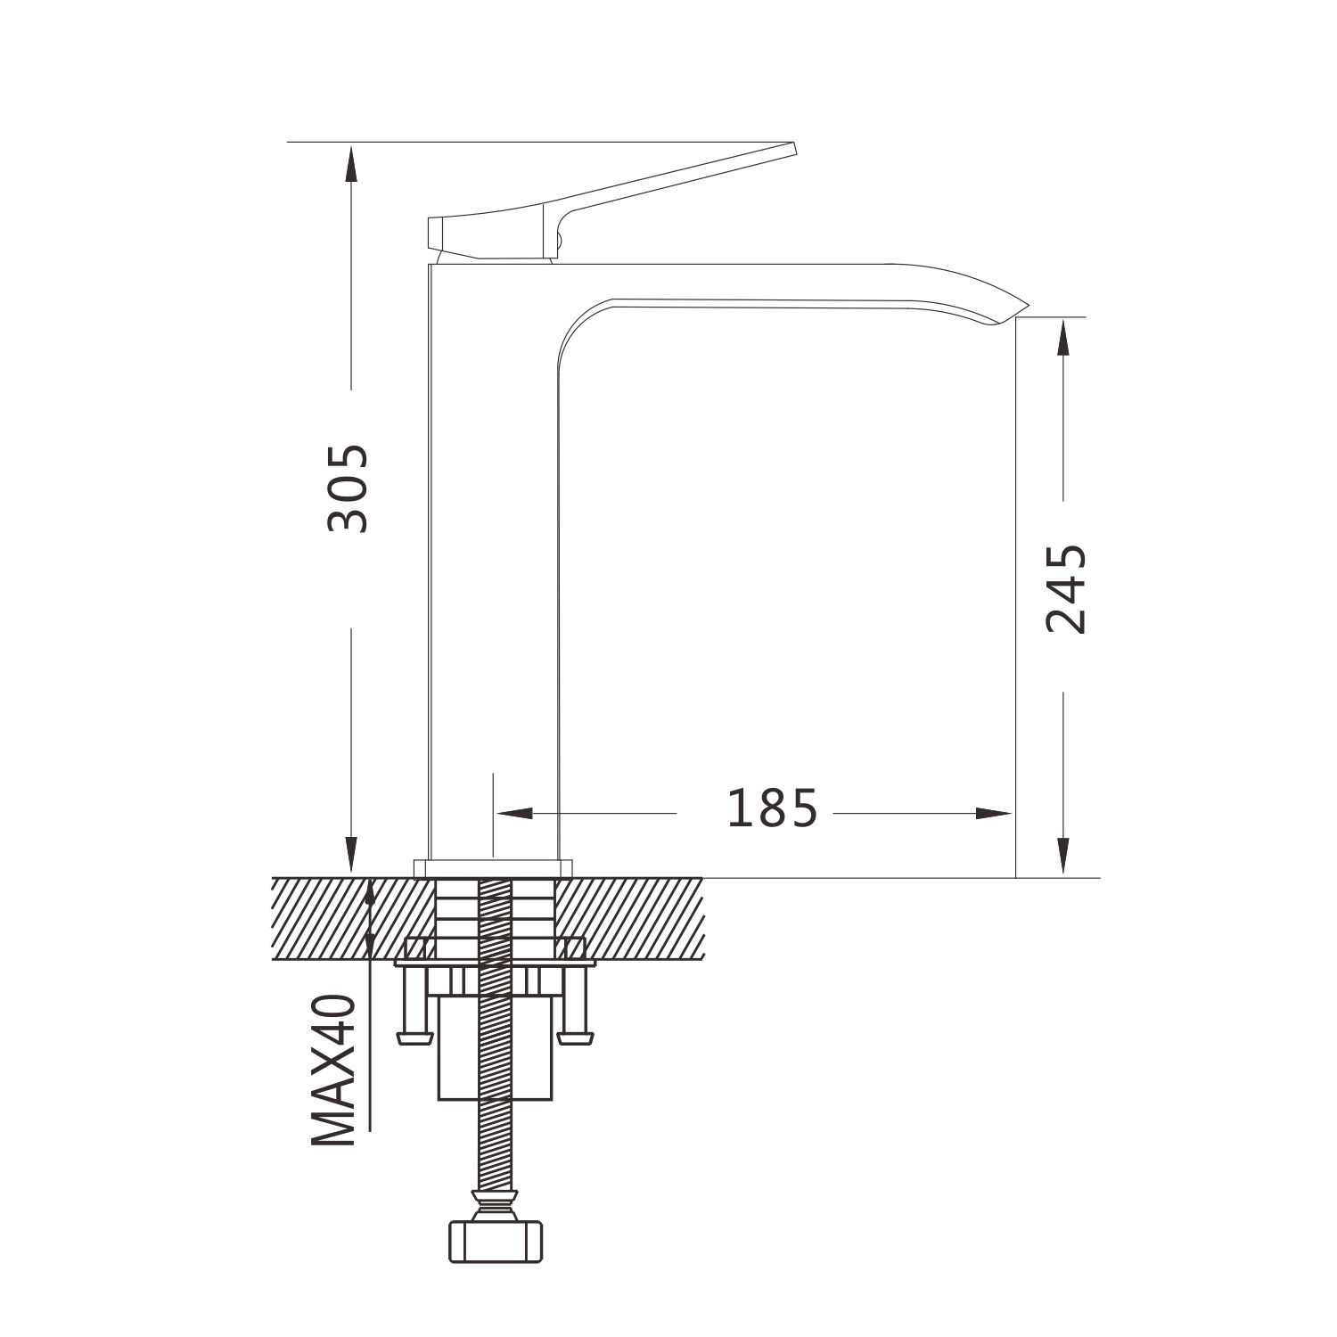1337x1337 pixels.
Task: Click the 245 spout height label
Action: (1066, 589)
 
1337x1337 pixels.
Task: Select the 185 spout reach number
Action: (772, 808)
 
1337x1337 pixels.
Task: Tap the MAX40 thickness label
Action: (334, 1070)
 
